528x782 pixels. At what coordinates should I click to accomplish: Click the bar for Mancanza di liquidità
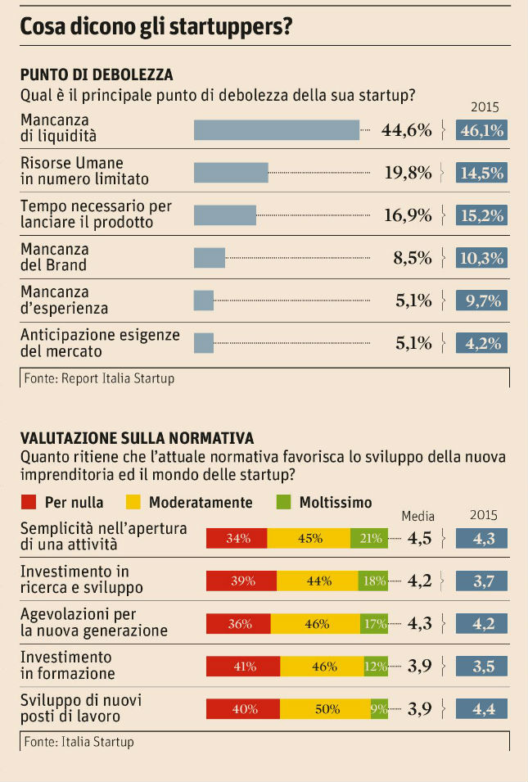[277, 129]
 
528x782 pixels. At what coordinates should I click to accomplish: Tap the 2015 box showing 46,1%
[481, 129]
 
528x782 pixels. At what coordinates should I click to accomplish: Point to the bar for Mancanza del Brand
[210, 258]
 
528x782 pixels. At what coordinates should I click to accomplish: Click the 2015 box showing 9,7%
[481, 301]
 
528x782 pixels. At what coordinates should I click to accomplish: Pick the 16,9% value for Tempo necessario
[408, 215]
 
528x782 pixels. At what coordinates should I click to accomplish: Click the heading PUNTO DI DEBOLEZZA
[96, 75]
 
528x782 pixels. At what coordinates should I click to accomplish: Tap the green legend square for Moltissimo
[284, 502]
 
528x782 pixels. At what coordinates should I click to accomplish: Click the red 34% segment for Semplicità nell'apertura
[237, 538]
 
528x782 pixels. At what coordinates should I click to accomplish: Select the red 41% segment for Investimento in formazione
[245, 667]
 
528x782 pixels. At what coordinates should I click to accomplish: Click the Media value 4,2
[420, 581]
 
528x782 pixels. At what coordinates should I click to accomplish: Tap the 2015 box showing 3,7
[481, 581]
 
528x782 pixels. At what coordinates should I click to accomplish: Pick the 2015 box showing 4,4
[481, 709]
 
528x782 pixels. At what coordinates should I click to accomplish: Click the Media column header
[417, 516]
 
